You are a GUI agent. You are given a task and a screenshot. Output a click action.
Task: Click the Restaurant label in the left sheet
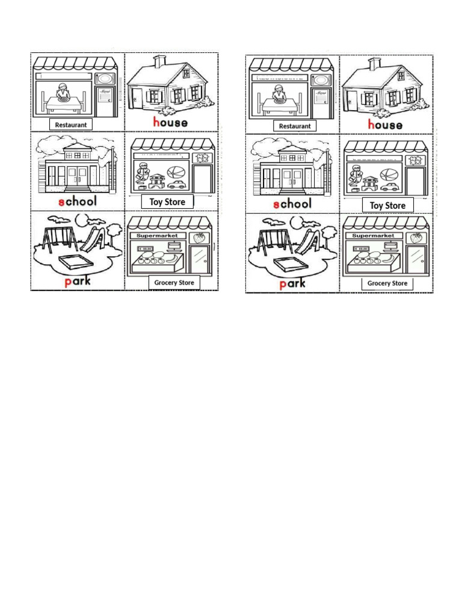click(71, 125)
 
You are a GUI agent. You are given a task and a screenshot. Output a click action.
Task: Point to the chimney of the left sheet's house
click(159, 61)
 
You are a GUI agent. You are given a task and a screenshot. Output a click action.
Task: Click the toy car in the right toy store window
click(390, 187)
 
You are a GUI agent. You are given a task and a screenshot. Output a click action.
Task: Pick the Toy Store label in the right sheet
click(387, 206)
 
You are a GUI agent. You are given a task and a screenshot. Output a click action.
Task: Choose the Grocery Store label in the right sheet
click(387, 283)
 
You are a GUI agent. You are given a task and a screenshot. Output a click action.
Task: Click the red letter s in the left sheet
click(61, 202)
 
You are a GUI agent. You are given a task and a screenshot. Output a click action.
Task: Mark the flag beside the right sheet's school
click(326, 158)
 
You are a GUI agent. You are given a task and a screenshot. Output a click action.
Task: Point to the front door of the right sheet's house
click(353, 99)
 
